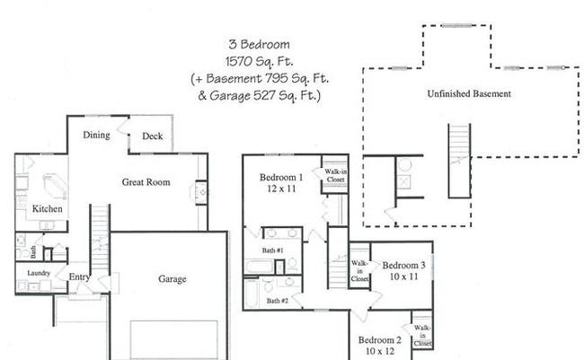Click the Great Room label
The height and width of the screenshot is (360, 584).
[x=146, y=182]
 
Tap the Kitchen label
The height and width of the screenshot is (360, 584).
[x=48, y=209]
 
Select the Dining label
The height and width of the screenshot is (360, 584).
[x=96, y=136]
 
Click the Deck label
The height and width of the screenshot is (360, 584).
[x=152, y=137]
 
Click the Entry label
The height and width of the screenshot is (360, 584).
[x=79, y=277]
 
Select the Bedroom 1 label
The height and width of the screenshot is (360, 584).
[x=281, y=177]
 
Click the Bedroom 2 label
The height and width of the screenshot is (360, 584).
[x=379, y=340]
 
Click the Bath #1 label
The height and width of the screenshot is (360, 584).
[x=273, y=250]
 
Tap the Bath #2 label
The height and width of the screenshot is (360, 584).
[x=277, y=301]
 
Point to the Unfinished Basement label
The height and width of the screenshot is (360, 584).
[x=469, y=93]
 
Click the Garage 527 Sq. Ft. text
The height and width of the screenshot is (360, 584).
[x=264, y=94]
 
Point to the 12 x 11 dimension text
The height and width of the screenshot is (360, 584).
[x=281, y=190]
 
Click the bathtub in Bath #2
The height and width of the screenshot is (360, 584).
[x=252, y=293]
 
